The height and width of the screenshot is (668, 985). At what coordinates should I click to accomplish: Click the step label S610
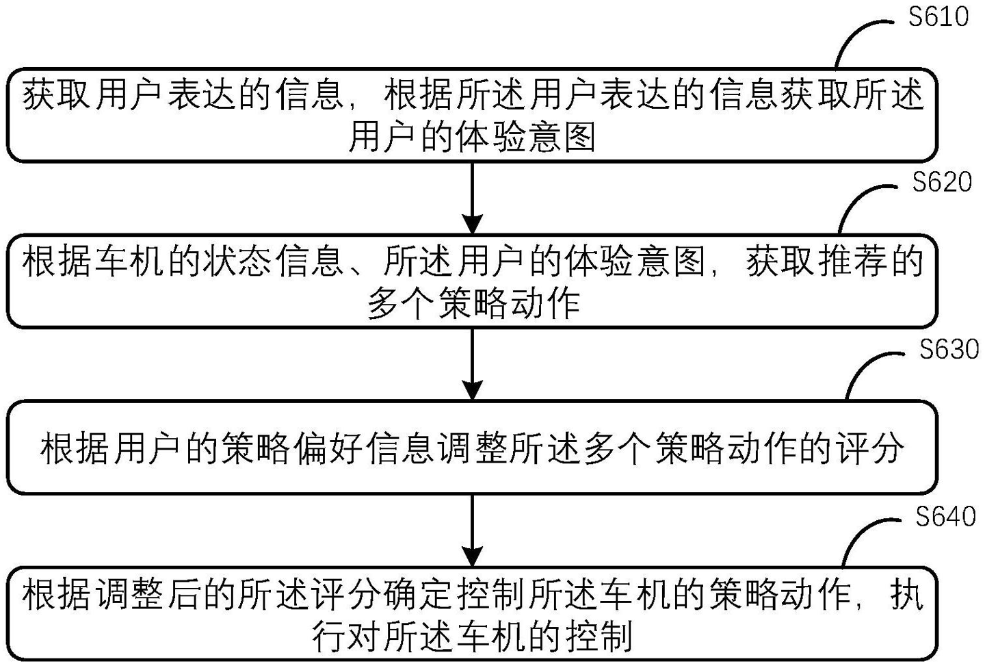tap(938, 17)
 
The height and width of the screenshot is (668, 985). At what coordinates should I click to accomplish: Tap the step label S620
tap(942, 182)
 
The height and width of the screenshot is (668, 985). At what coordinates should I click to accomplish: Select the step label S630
tap(949, 349)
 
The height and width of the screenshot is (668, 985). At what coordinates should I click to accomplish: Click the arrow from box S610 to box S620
tap(473, 198)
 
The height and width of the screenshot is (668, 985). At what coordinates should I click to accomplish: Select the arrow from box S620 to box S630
tap(473, 364)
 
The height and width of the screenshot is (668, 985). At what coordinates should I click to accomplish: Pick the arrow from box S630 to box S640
tap(473, 530)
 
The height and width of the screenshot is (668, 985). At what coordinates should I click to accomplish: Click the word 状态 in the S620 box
tap(237, 262)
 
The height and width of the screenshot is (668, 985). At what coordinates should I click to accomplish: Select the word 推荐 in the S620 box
tap(852, 262)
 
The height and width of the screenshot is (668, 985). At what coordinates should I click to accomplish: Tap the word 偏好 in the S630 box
tap(329, 448)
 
